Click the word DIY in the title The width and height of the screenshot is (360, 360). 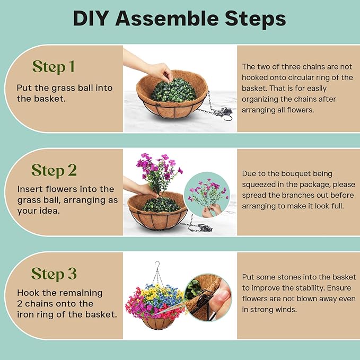tap(91, 19)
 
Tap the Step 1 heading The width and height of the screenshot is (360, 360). tap(54, 67)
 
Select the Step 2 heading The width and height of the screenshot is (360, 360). tap(54, 170)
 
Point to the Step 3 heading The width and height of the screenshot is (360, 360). tap(54, 274)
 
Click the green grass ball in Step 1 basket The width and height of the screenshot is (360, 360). tap(174, 91)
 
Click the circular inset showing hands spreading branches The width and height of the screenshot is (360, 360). tap(207, 195)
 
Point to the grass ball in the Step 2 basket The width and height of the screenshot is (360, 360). tap(161, 205)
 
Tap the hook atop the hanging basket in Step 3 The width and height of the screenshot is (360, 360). tap(157, 265)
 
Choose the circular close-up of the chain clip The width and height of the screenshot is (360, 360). tap(208, 297)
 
